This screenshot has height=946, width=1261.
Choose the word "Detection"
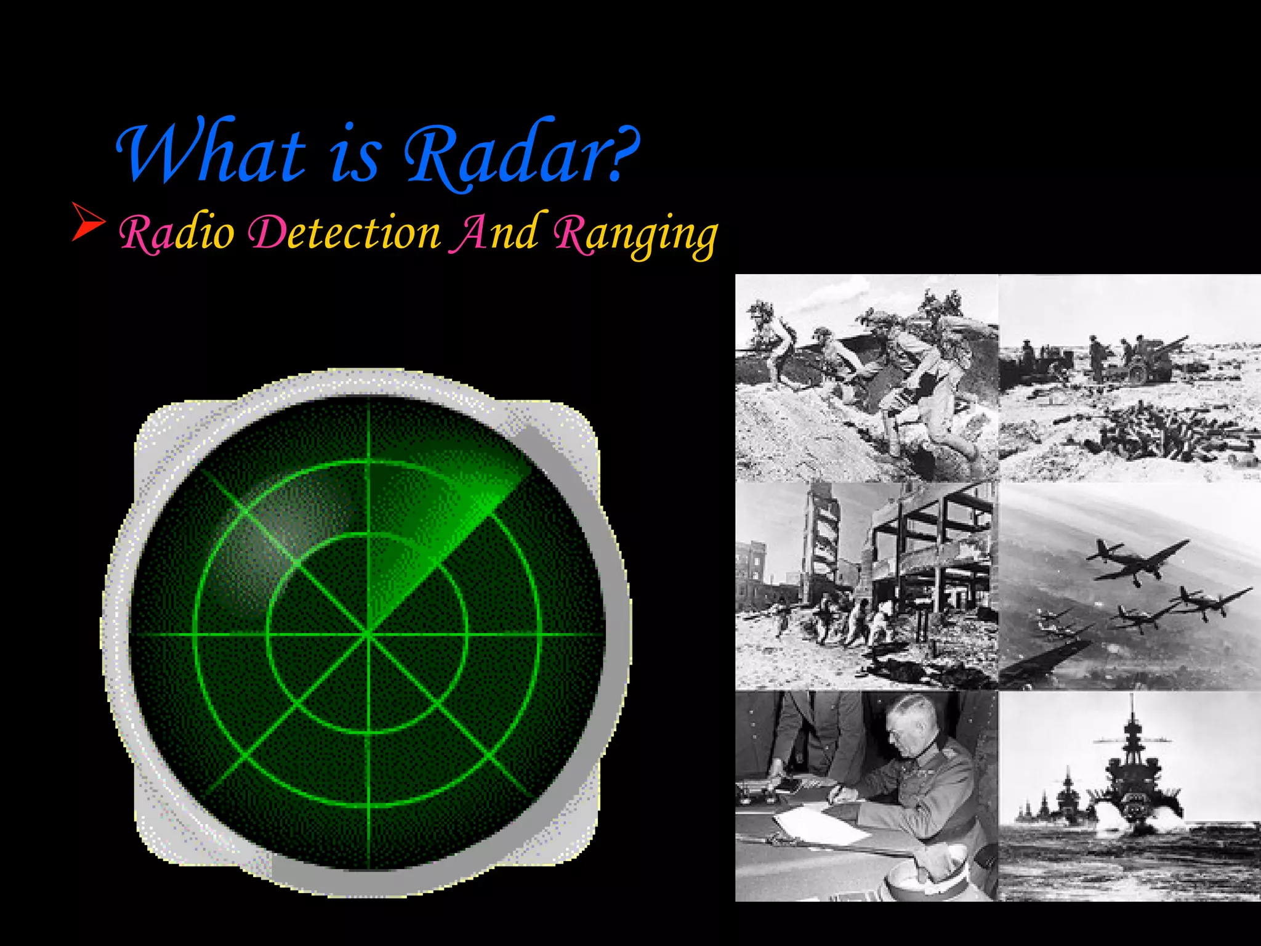[x=344, y=233]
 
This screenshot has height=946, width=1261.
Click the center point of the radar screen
[x=368, y=633]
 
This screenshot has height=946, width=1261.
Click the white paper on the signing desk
[x=819, y=825]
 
